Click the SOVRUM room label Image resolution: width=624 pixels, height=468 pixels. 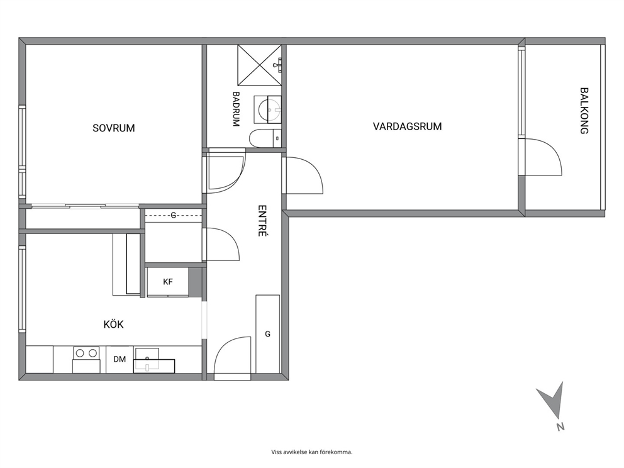114,128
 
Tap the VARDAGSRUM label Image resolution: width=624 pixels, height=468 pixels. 407,126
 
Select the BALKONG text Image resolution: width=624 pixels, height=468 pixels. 584,111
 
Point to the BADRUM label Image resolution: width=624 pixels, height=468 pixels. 236,109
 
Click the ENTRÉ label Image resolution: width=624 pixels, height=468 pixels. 262,221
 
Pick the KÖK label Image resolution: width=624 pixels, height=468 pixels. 113,324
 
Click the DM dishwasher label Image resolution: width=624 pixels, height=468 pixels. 120,359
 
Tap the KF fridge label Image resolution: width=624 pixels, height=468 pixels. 167,282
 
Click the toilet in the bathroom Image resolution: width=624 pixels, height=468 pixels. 265,138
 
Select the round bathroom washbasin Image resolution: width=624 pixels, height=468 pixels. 269,109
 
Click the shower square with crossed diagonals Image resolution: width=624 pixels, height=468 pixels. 259,65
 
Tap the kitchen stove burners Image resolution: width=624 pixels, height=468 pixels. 86,353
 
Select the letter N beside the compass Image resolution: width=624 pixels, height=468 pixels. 560,426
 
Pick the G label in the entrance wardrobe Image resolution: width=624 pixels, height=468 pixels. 267,334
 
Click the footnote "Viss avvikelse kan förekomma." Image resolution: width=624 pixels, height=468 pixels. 312,452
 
